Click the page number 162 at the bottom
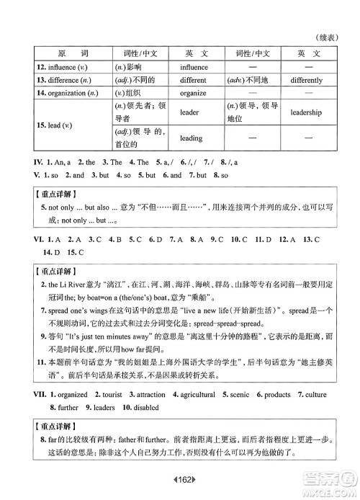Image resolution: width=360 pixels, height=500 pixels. [180, 479]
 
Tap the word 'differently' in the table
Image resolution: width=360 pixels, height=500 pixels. [307, 80]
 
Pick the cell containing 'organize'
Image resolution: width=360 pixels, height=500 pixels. [193, 94]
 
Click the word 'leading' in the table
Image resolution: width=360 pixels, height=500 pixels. [191, 139]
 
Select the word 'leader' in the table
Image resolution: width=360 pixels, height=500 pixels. [189, 112]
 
